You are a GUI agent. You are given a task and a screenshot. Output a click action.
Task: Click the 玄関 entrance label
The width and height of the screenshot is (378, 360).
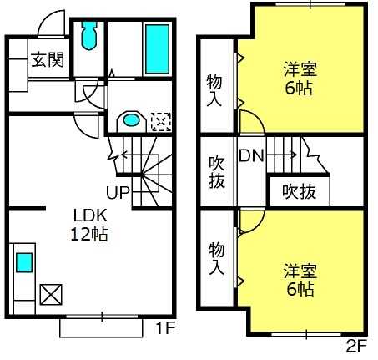(48, 59)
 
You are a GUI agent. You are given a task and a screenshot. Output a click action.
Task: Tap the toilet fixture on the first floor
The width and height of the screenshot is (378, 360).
(89, 35)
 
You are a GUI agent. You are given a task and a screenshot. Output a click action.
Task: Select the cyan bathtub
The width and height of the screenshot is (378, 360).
(157, 49)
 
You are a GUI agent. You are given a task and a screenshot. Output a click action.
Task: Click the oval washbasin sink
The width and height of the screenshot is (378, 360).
(131, 120)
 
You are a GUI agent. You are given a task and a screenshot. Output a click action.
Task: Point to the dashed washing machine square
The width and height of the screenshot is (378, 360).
(161, 122)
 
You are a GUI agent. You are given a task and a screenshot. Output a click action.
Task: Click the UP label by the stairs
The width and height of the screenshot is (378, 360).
(118, 192)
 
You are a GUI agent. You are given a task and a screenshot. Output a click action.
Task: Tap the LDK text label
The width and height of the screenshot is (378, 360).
(90, 215)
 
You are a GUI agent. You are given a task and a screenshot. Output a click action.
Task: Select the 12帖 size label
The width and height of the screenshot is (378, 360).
(89, 234)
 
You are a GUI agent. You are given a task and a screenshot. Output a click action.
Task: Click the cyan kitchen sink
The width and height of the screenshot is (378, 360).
(24, 262)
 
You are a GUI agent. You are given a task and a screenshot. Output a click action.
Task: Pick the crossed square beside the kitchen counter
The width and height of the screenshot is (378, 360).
(51, 294)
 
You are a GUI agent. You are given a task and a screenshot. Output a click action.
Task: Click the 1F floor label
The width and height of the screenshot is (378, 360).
(166, 327)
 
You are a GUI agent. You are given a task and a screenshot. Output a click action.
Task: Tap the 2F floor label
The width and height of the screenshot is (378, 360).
(357, 347)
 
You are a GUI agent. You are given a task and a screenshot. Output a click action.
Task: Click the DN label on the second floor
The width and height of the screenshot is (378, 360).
(251, 155)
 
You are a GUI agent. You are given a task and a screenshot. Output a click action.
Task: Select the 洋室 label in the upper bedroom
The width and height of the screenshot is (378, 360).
(300, 69)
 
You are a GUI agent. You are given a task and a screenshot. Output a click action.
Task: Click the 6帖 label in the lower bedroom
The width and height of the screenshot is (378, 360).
(300, 289)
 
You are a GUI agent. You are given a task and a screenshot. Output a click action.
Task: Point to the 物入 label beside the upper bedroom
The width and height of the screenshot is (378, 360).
(214, 90)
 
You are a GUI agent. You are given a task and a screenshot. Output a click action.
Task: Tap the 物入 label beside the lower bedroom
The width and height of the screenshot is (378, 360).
(216, 258)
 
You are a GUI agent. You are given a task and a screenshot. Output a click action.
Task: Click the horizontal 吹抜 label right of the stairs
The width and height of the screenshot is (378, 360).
(300, 191)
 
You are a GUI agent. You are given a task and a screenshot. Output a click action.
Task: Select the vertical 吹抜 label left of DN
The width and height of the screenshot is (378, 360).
(217, 172)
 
